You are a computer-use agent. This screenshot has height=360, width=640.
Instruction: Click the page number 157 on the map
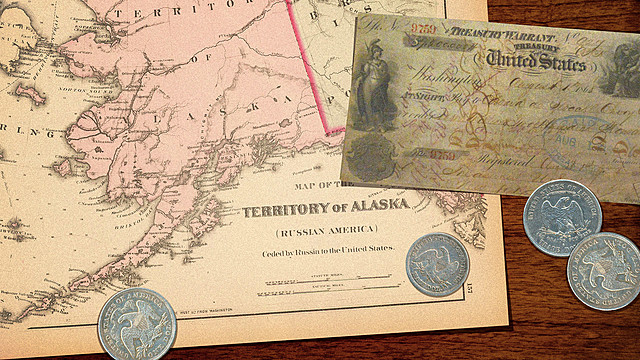click(x=470, y=290)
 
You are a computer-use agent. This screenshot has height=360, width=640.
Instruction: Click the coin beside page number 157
click(x=437, y=264)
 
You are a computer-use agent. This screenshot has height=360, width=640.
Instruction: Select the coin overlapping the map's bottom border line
click(x=136, y=323)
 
